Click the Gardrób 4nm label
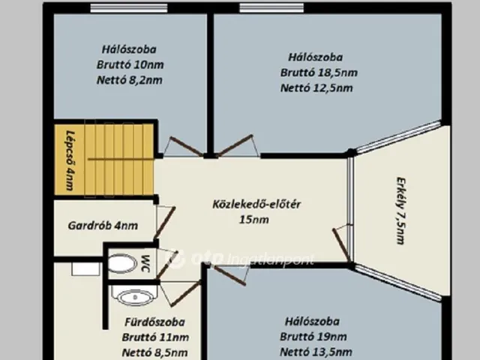click(x=103, y=226)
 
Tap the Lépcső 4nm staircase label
click(x=70, y=160)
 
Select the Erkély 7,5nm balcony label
click(x=400, y=211)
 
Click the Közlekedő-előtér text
click(x=256, y=204)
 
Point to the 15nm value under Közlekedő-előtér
click(x=254, y=220)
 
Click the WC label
click(x=145, y=263)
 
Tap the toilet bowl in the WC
click(x=122, y=263)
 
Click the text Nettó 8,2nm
click(x=130, y=80)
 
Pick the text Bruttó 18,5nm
click(x=319, y=73)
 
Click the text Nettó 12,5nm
click(x=316, y=88)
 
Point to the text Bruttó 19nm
click(x=313, y=337)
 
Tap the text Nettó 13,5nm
click(x=316, y=352)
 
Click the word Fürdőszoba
click(x=154, y=322)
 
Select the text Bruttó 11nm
click(x=155, y=337)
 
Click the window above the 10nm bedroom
click(x=129, y=8)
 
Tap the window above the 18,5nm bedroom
click(x=271, y=8)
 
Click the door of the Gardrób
click(x=164, y=223)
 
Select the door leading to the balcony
click(x=342, y=245)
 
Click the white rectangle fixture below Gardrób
click(x=85, y=268)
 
